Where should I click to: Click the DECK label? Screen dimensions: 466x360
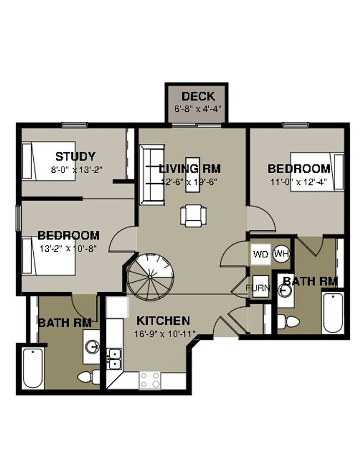(198, 97)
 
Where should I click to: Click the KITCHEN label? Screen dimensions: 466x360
(163, 321)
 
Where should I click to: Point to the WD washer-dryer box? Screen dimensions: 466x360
(260, 254)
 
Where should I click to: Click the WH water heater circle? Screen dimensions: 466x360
(281, 254)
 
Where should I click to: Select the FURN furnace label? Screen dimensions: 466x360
(258, 288)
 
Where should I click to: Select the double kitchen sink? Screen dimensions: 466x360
(115, 358)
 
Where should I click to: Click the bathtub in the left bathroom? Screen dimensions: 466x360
(32, 368)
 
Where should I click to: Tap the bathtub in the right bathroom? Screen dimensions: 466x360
(333, 312)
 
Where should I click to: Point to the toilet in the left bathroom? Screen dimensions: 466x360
(86, 377)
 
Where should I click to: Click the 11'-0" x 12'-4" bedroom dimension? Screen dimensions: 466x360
(299, 182)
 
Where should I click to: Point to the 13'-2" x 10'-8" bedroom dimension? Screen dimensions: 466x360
(69, 248)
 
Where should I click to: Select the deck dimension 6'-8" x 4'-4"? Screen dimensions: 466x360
(198, 109)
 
